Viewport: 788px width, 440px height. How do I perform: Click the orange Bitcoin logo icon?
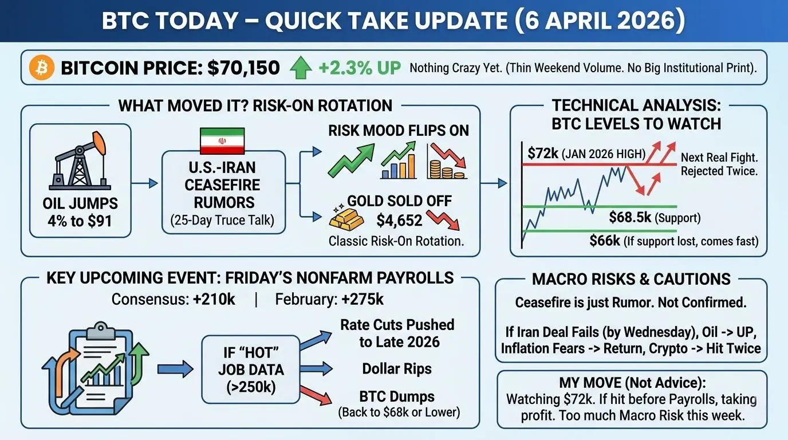(41, 68)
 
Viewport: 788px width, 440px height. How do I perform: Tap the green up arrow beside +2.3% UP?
(301, 68)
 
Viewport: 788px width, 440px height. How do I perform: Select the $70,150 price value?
(243, 68)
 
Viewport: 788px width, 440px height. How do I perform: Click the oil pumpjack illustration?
(80, 160)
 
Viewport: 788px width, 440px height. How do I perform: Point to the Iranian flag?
(222, 141)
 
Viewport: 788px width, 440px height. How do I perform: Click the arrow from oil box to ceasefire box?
(144, 183)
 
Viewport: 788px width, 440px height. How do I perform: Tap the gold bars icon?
(346, 217)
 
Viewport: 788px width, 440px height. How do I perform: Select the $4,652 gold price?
(399, 221)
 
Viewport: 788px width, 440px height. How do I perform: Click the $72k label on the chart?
(543, 154)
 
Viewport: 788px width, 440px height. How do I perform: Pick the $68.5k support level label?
(630, 217)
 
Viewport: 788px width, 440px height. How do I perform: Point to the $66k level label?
(605, 241)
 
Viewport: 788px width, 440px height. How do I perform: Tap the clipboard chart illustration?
(96, 368)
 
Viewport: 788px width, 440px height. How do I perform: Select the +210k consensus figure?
(214, 300)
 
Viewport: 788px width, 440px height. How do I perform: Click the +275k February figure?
(363, 300)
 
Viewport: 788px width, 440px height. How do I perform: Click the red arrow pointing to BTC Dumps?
(316, 395)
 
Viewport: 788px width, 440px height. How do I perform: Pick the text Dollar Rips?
(397, 369)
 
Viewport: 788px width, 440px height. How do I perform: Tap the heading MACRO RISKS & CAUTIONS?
(631, 279)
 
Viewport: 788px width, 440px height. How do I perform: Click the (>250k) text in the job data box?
(251, 387)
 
